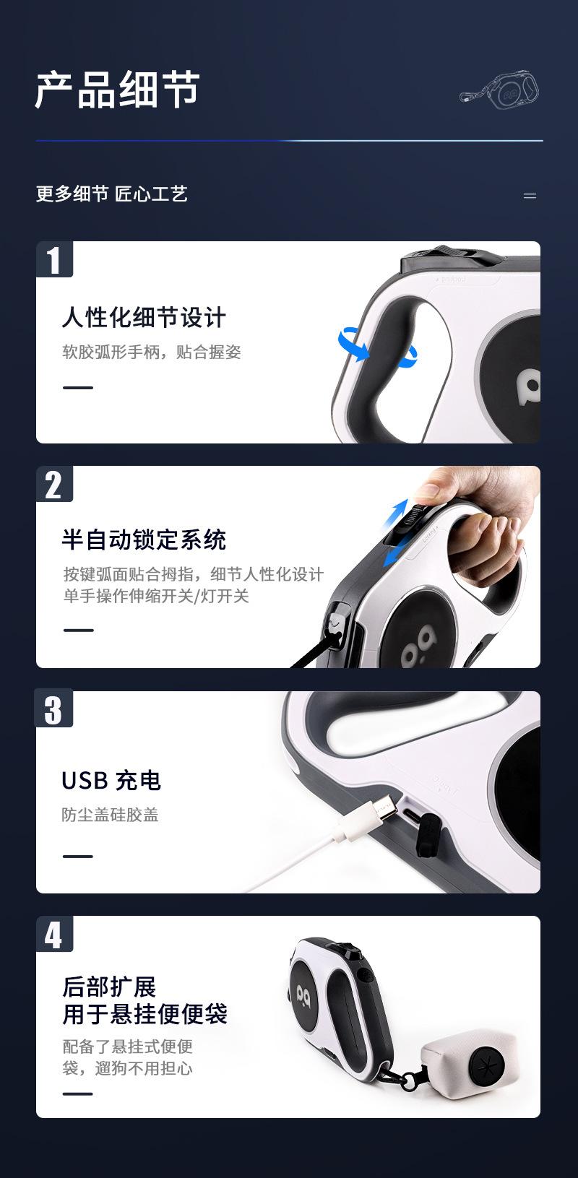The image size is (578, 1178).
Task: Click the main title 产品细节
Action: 117,90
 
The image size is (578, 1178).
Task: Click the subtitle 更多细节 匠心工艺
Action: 112,194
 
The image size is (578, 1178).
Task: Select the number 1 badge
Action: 54,259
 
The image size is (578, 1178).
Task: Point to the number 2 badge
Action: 54,484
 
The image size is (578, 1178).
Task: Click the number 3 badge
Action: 54,709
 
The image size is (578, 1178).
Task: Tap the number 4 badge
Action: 54,935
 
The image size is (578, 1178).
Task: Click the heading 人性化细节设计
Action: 144,317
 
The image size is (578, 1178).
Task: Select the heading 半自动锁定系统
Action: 144,540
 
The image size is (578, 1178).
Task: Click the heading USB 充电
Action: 111,780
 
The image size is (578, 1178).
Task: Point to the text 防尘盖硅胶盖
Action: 110,815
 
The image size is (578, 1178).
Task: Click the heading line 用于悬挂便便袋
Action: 144,1013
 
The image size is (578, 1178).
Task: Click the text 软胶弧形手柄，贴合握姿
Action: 151,352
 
